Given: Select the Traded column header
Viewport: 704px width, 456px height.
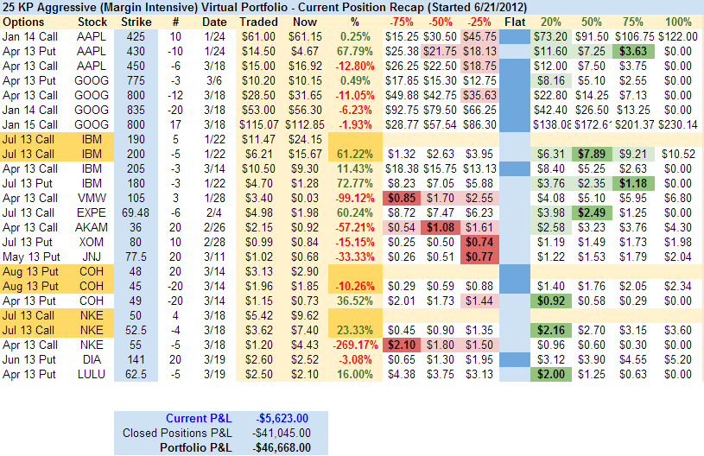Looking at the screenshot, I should pos(258,22).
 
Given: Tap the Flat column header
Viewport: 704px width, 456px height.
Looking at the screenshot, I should pos(515,22).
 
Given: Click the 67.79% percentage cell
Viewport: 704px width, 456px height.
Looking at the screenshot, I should pos(353,51).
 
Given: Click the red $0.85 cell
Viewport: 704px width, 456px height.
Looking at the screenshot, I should pos(400,198).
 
